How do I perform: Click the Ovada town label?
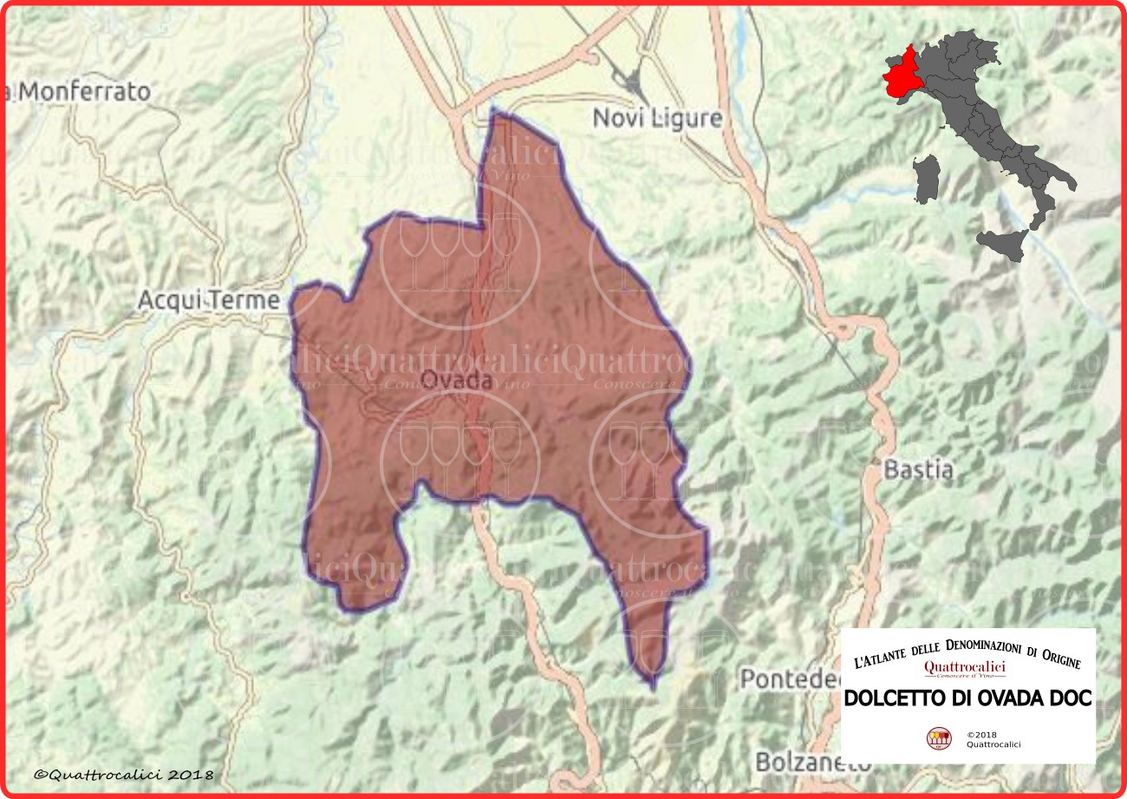coord(456,380)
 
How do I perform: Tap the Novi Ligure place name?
coord(657,119)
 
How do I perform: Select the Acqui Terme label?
coord(209,301)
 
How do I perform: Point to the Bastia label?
coord(918,470)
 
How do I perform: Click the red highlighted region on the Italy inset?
coord(902,73)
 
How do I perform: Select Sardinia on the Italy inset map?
coord(927,178)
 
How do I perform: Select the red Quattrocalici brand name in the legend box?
coord(964,666)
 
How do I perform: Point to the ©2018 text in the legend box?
coord(983,734)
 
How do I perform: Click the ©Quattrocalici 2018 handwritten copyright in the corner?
coord(123,774)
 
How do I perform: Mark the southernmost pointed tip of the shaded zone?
coord(652,687)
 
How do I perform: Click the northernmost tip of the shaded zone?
coord(492,112)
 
